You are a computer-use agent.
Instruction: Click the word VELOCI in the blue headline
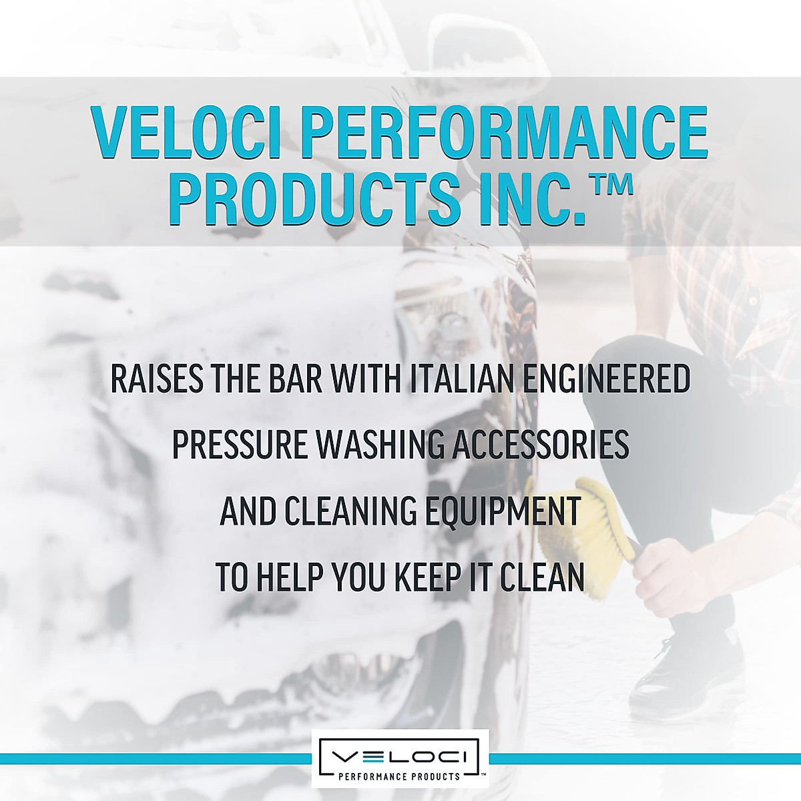click(x=186, y=132)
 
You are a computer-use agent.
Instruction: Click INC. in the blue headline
click(x=531, y=200)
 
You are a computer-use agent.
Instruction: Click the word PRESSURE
click(x=240, y=445)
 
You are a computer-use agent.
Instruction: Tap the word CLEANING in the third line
click(x=350, y=511)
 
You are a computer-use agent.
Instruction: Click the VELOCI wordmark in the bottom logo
click(x=400, y=757)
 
